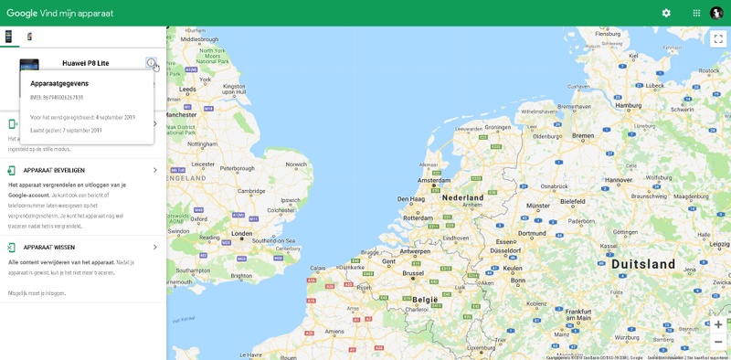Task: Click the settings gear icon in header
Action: point(666,13)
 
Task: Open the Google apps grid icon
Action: point(696,13)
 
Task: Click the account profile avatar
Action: point(716,13)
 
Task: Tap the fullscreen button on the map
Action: point(718,39)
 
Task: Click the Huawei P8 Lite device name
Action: point(85,63)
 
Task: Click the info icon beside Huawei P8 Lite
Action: point(151,63)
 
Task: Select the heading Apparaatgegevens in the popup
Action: point(59,83)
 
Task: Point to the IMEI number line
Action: point(57,98)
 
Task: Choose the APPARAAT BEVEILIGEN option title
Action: point(54,170)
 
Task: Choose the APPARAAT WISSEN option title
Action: point(49,248)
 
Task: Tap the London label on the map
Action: point(242,233)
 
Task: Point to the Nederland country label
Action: point(462,197)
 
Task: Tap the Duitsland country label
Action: point(644,263)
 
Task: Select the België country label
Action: point(425,299)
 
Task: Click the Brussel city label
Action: point(414,272)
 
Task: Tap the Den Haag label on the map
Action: point(410,198)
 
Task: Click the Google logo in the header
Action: point(22,13)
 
